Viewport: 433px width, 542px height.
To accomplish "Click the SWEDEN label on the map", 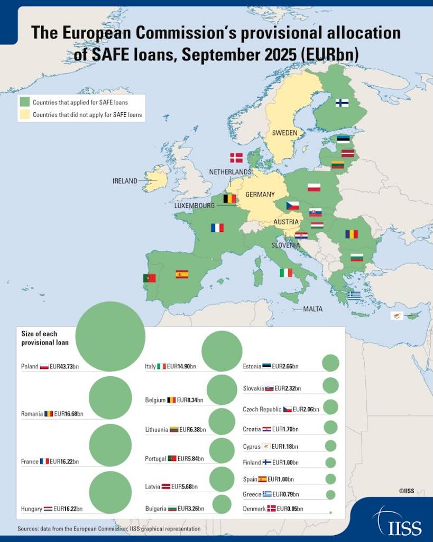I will point(284,133).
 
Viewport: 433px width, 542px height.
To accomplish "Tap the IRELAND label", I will point(125,181).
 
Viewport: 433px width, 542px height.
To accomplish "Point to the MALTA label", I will point(312,309).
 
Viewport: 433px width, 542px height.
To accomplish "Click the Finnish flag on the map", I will point(342,103).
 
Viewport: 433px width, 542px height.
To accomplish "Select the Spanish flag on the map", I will point(182,274).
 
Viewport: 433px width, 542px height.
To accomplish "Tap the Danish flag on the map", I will point(236,157).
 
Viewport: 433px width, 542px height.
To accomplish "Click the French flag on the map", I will point(217,228).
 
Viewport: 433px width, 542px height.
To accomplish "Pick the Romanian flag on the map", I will point(352,234).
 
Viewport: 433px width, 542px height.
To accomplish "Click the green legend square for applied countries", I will point(24,102).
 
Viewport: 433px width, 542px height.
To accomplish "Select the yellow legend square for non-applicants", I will point(24,114).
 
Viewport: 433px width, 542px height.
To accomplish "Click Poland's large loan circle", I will point(110,336).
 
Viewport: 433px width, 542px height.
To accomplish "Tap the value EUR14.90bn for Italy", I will point(181,366).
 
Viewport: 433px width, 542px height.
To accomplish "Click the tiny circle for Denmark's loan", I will point(330,512).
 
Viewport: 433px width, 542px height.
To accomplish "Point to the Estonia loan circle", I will point(330,363).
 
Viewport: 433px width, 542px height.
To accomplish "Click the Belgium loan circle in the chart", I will point(222,390).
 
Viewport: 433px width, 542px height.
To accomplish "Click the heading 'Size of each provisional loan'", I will point(45,338).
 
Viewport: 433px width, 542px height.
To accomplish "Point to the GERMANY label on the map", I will point(260,194).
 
